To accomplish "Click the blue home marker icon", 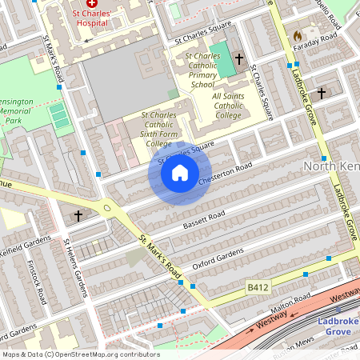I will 180,173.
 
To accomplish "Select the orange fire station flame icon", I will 298,36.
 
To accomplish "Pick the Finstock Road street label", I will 36,280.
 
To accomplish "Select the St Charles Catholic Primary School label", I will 201,70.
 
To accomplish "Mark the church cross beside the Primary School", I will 239,59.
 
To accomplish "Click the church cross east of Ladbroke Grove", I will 322,94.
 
